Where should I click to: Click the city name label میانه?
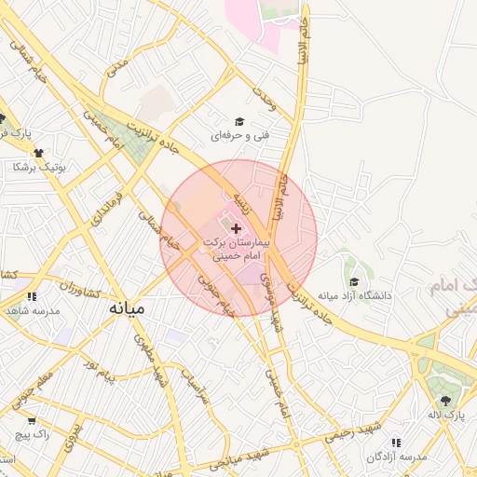pos(128,307)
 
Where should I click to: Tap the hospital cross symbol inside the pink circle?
pos(235,227)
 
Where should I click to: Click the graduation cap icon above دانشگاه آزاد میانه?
pos(353,282)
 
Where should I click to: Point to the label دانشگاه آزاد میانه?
pos(354,296)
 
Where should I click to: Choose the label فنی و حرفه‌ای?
pos(239,136)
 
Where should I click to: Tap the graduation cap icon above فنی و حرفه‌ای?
pos(239,122)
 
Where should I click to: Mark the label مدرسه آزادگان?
pos(396,457)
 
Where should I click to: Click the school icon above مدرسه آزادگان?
pos(396,443)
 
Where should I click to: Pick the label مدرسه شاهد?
pos(32,310)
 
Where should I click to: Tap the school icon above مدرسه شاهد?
pos(32,296)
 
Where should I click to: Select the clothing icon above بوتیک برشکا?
pos(39,153)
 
